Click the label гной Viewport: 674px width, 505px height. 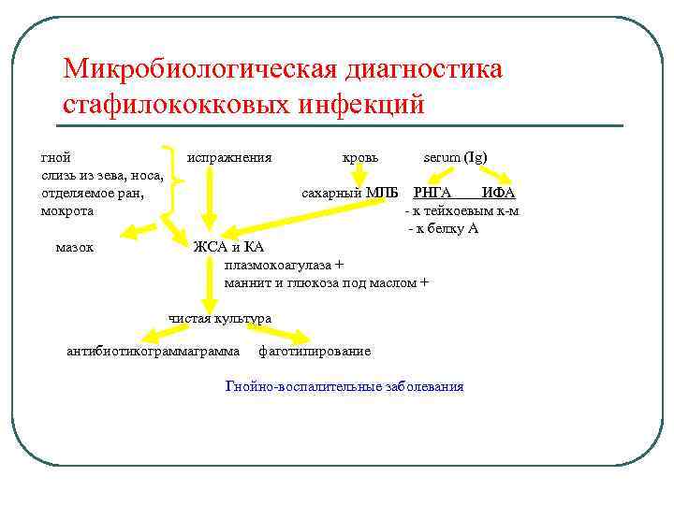point(55,157)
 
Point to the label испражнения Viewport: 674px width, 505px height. point(229,157)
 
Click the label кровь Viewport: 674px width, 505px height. point(360,157)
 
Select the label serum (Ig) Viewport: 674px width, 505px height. point(455,157)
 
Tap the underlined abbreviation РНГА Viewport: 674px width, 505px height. point(432,193)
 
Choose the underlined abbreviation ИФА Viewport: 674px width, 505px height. point(498,193)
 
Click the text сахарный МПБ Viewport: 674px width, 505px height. point(349,193)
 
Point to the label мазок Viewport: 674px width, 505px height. point(74,248)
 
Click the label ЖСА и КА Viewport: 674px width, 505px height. point(228,247)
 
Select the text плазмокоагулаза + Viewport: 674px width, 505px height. point(284,265)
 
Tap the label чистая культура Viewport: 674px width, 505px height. point(220,318)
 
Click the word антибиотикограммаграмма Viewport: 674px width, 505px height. point(154,352)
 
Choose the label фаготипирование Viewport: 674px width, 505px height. point(315,352)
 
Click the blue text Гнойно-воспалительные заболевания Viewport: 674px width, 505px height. point(344,386)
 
